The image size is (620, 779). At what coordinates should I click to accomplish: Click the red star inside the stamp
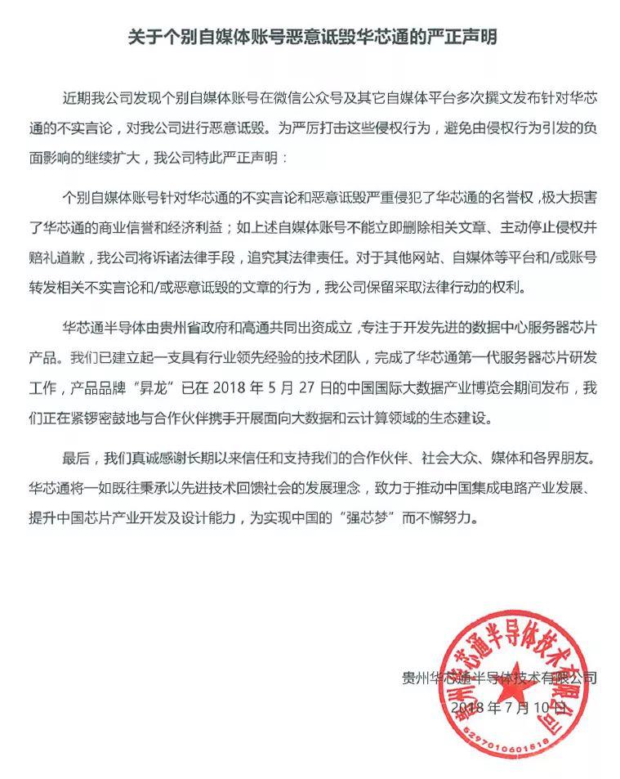tap(511, 670)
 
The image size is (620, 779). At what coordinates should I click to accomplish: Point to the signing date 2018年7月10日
tap(513, 705)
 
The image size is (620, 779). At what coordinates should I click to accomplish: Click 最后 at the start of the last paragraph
tap(76, 458)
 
